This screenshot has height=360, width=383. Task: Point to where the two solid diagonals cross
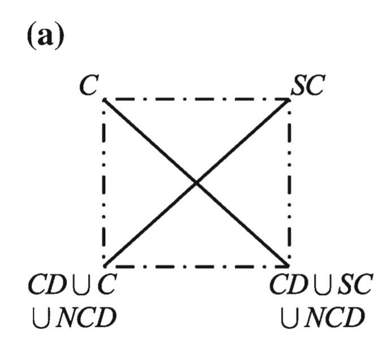196,183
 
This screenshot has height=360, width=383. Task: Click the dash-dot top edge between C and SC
196,99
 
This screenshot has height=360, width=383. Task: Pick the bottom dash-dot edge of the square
196,266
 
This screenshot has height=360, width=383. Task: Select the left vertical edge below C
105,183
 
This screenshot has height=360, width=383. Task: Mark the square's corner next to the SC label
289,99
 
